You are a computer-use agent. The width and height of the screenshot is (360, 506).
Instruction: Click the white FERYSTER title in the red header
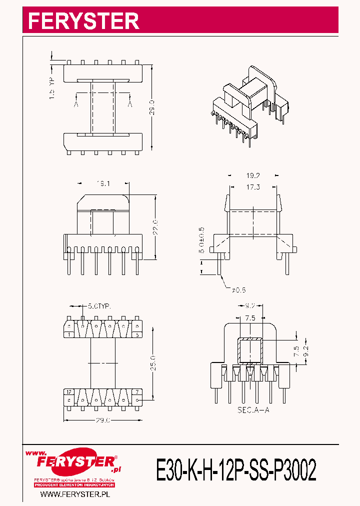[x=83, y=21]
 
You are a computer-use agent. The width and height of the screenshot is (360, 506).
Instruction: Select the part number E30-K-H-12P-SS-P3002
[x=236, y=470]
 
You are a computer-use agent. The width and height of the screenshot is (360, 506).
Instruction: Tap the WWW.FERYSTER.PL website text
[x=74, y=494]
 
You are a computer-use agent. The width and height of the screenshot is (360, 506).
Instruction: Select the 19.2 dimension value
[x=253, y=176]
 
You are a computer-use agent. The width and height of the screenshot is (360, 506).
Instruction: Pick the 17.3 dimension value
[x=253, y=187]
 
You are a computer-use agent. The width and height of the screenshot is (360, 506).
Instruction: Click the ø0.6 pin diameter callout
[x=239, y=289]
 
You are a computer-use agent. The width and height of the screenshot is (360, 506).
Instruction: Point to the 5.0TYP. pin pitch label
[x=99, y=305]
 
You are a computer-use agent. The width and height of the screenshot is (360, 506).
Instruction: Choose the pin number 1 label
[x=69, y=335]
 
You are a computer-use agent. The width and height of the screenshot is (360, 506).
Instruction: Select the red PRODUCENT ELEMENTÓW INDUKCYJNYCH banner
[x=74, y=485]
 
